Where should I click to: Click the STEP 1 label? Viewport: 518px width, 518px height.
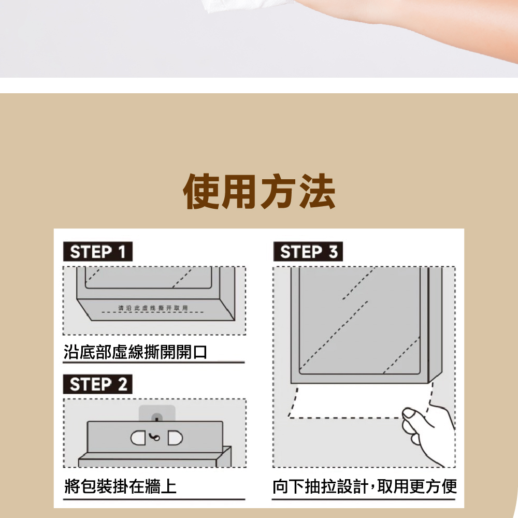click(x=98, y=251)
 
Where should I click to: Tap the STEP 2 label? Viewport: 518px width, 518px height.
click(x=98, y=384)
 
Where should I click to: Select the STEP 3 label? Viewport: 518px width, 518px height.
click(x=308, y=251)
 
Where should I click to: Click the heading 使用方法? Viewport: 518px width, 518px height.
click(x=260, y=192)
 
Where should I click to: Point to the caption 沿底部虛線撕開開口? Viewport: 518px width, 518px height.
click(x=135, y=352)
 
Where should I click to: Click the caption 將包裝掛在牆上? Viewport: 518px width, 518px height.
click(x=120, y=486)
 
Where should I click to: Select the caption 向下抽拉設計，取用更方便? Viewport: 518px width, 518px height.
click(x=365, y=486)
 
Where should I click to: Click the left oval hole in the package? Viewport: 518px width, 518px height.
click(x=138, y=438)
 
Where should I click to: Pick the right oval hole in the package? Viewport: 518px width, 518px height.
click(x=175, y=438)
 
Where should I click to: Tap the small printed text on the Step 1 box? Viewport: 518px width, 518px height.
click(x=153, y=308)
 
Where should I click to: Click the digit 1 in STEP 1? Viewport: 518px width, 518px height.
click(x=122, y=252)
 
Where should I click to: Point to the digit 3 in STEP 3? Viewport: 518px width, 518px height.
click(x=333, y=252)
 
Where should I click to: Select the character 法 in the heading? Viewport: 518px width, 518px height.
click(x=318, y=192)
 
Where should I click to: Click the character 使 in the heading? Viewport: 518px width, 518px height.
click(x=201, y=192)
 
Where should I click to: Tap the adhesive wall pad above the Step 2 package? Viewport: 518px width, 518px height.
click(x=157, y=413)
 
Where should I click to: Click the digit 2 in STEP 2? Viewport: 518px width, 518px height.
click(x=123, y=384)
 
